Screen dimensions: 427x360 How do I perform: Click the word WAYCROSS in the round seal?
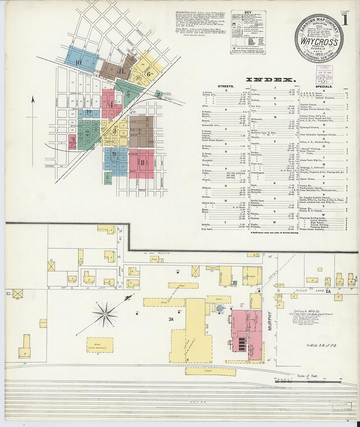(319, 43)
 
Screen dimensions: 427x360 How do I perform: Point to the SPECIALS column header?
(324, 86)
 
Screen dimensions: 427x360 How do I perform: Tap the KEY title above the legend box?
(248, 13)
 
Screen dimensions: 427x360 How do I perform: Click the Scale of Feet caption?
(307, 376)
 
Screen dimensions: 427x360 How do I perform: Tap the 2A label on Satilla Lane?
(328, 291)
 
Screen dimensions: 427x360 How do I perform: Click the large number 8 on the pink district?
(143, 163)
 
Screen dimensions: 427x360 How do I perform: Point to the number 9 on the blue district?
(114, 153)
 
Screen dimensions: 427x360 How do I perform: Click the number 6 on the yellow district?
(148, 74)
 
